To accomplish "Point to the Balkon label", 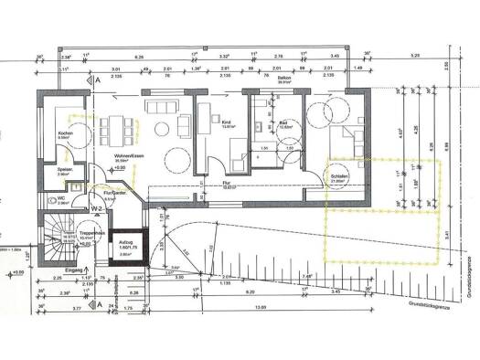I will (283, 80).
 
